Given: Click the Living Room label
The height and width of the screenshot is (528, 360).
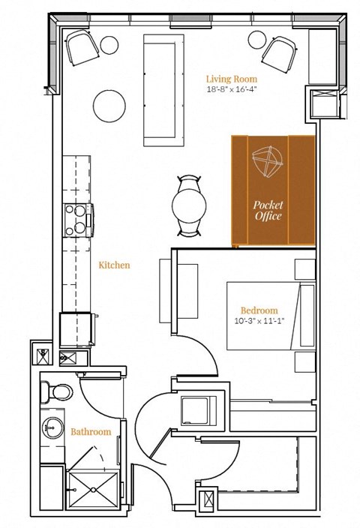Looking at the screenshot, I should click(232, 78).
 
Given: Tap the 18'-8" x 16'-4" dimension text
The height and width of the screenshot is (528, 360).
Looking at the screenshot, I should click(232, 89).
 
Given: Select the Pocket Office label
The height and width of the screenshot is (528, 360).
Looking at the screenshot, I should click(267, 210).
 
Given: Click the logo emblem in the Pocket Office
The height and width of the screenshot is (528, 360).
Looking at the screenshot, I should click(267, 163).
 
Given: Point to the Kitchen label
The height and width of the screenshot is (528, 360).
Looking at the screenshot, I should click(115, 265).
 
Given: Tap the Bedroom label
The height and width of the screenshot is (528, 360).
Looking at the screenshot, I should click(259, 310).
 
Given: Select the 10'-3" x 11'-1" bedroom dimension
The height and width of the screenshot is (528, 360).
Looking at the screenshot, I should click(259, 321).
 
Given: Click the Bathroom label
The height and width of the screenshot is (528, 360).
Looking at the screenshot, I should click(91, 432).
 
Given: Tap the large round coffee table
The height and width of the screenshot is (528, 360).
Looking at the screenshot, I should click(111, 104).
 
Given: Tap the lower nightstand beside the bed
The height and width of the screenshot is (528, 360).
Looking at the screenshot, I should click(305, 361).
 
